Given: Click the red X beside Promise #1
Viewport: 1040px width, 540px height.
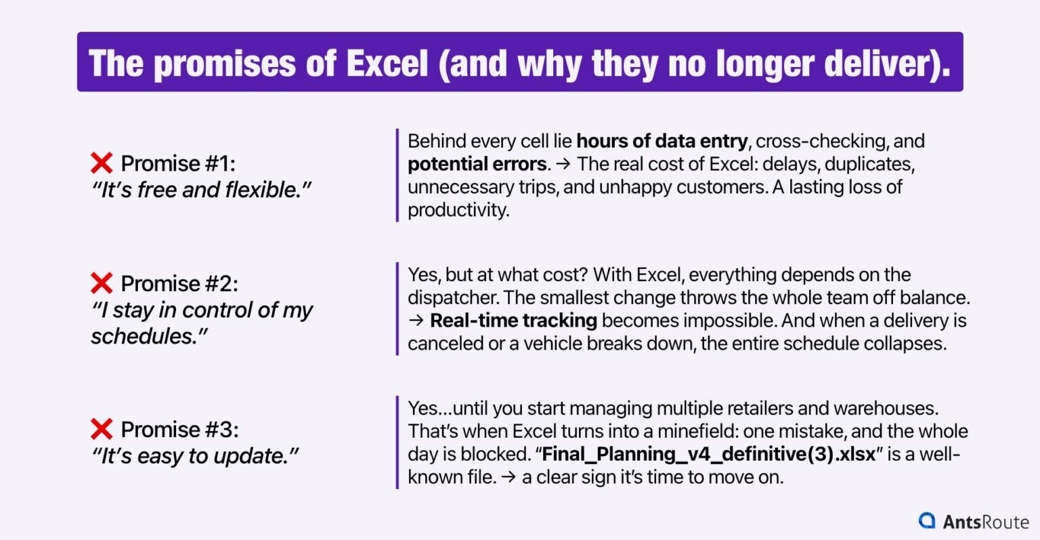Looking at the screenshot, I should click(102, 163).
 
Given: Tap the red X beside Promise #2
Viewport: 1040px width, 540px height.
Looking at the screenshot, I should click(102, 283).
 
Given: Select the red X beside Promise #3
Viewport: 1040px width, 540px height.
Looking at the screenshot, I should click(102, 429).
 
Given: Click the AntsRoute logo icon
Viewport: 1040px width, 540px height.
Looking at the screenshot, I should click(926, 520).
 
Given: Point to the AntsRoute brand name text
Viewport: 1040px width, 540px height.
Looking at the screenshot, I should click(986, 521).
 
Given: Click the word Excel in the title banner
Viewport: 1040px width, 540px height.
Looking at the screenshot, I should click(387, 63).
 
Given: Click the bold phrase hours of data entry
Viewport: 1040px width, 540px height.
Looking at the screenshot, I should click(662, 141).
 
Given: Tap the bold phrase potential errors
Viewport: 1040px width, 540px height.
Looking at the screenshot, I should click(477, 164).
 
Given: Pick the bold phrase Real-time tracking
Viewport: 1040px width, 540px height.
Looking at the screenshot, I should click(513, 320).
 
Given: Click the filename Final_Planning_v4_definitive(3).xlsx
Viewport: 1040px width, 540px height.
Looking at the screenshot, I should click(709, 454).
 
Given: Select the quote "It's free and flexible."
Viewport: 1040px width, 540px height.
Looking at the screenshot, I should click(201, 190).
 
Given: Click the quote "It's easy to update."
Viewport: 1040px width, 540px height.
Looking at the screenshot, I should click(195, 456).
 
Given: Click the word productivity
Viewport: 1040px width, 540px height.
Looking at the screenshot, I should click(458, 209).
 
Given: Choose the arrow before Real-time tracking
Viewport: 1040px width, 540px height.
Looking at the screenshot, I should click(416, 320).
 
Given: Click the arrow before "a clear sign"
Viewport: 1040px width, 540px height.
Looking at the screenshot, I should click(508, 477).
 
